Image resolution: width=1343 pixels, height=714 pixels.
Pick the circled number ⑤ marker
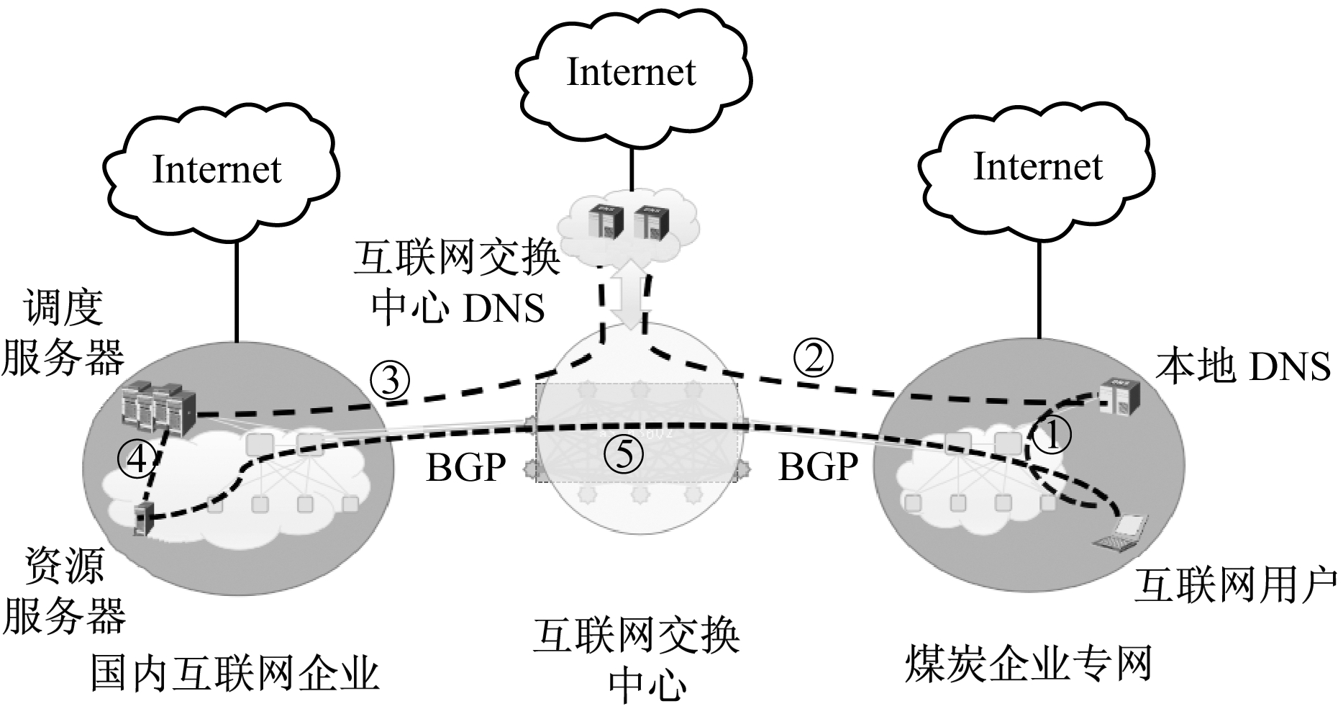pos(624,454)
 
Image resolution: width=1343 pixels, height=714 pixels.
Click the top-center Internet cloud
pos(632,72)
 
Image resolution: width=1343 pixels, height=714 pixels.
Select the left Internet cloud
pos(218,170)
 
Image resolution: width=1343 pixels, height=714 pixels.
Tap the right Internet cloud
pos(1037,167)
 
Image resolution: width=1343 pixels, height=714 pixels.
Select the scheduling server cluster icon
pos(159,409)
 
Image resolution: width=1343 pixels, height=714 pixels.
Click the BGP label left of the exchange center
pos(466,468)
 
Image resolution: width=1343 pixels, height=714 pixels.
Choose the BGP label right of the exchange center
pos(819,468)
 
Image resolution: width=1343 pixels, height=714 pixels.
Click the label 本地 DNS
pos(1242,366)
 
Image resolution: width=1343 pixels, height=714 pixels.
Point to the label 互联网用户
pos(1235,584)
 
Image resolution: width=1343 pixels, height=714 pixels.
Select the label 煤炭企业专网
pos(1029,663)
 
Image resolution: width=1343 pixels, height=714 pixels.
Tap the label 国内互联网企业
pos(235,674)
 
